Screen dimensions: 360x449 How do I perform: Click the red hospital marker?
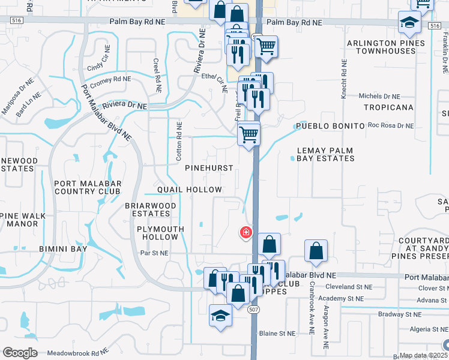click(246, 232)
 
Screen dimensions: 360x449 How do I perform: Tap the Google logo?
click(19, 352)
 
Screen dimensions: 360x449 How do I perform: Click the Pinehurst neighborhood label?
click(208, 168)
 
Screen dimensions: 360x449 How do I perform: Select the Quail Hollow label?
click(190, 190)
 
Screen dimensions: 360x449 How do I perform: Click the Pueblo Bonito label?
click(330, 127)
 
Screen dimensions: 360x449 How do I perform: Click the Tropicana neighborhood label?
click(390, 107)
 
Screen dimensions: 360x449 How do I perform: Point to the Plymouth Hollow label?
click(158, 233)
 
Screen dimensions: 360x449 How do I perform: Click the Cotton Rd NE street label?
click(178, 140)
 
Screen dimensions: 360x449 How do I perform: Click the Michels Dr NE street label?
click(379, 96)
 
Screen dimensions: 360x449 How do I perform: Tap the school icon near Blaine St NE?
click(220, 316)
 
